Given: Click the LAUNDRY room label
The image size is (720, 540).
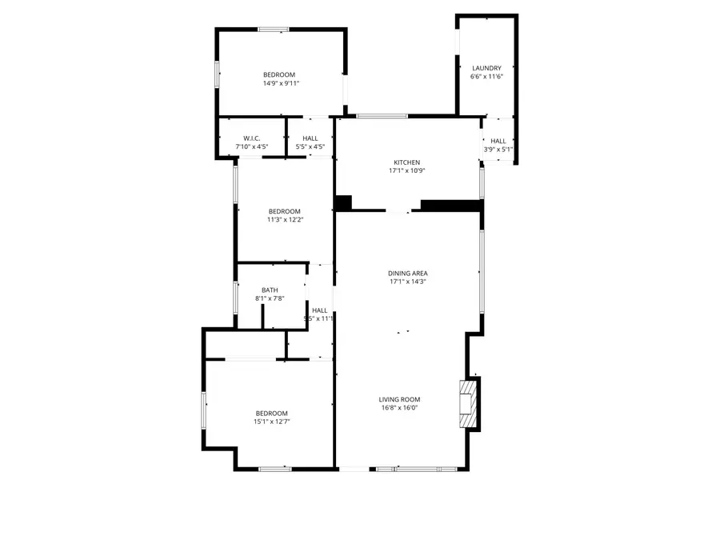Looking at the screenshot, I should tap(486, 68).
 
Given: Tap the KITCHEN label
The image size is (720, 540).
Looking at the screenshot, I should tap(406, 162).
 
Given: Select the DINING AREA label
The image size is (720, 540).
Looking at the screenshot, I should tap(408, 273).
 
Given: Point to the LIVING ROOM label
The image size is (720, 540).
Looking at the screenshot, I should tap(399, 399).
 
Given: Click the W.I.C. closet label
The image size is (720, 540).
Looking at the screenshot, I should tap(252, 138).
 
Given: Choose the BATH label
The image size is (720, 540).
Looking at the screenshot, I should tap(270, 290).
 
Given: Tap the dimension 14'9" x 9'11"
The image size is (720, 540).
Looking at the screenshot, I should tap(280, 83).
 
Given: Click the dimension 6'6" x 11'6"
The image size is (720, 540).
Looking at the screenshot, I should tap(486, 77).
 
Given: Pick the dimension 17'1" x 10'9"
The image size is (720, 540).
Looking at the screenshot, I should tap(406, 170).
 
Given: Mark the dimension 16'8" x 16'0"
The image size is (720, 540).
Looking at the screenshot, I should tap(399, 407).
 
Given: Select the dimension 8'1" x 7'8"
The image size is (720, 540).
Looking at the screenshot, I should tap(270, 298).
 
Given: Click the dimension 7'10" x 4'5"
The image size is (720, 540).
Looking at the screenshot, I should tap(252, 146).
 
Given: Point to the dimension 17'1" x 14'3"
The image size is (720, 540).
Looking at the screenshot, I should tap(408, 281).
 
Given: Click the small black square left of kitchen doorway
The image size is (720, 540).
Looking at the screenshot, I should tap(343, 203).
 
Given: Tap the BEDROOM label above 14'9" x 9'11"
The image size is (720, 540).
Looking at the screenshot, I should tap(280, 75).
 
